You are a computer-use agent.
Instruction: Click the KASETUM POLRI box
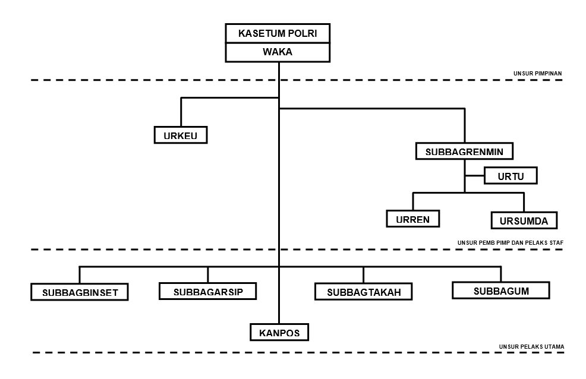pos(278,34)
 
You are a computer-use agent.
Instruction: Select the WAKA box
pos(278,52)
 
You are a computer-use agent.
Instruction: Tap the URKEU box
pos(181,135)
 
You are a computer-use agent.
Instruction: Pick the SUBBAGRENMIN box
pos(464,151)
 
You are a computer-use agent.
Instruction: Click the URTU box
pos(511,175)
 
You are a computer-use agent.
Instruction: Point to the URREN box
pos(412,219)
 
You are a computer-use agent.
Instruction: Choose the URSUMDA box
pos(524,220)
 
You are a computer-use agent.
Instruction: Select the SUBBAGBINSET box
pos(80,292)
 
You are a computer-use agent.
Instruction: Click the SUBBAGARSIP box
pos(208,291)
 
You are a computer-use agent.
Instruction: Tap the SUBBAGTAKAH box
pos(364,292)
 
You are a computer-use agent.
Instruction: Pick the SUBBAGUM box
pos(501,290)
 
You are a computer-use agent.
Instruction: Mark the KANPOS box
pos(279,332)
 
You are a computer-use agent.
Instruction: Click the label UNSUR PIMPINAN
pos(537,74)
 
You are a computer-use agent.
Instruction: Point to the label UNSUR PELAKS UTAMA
pos(531,347)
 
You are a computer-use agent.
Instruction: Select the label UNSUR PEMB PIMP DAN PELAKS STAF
pos(510,243)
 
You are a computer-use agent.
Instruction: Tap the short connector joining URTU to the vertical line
pos(475,175)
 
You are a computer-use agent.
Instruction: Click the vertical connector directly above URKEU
pos(181,112)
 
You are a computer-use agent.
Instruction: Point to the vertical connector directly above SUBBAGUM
pos(501,274)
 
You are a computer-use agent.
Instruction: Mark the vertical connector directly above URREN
pos(413,201)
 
